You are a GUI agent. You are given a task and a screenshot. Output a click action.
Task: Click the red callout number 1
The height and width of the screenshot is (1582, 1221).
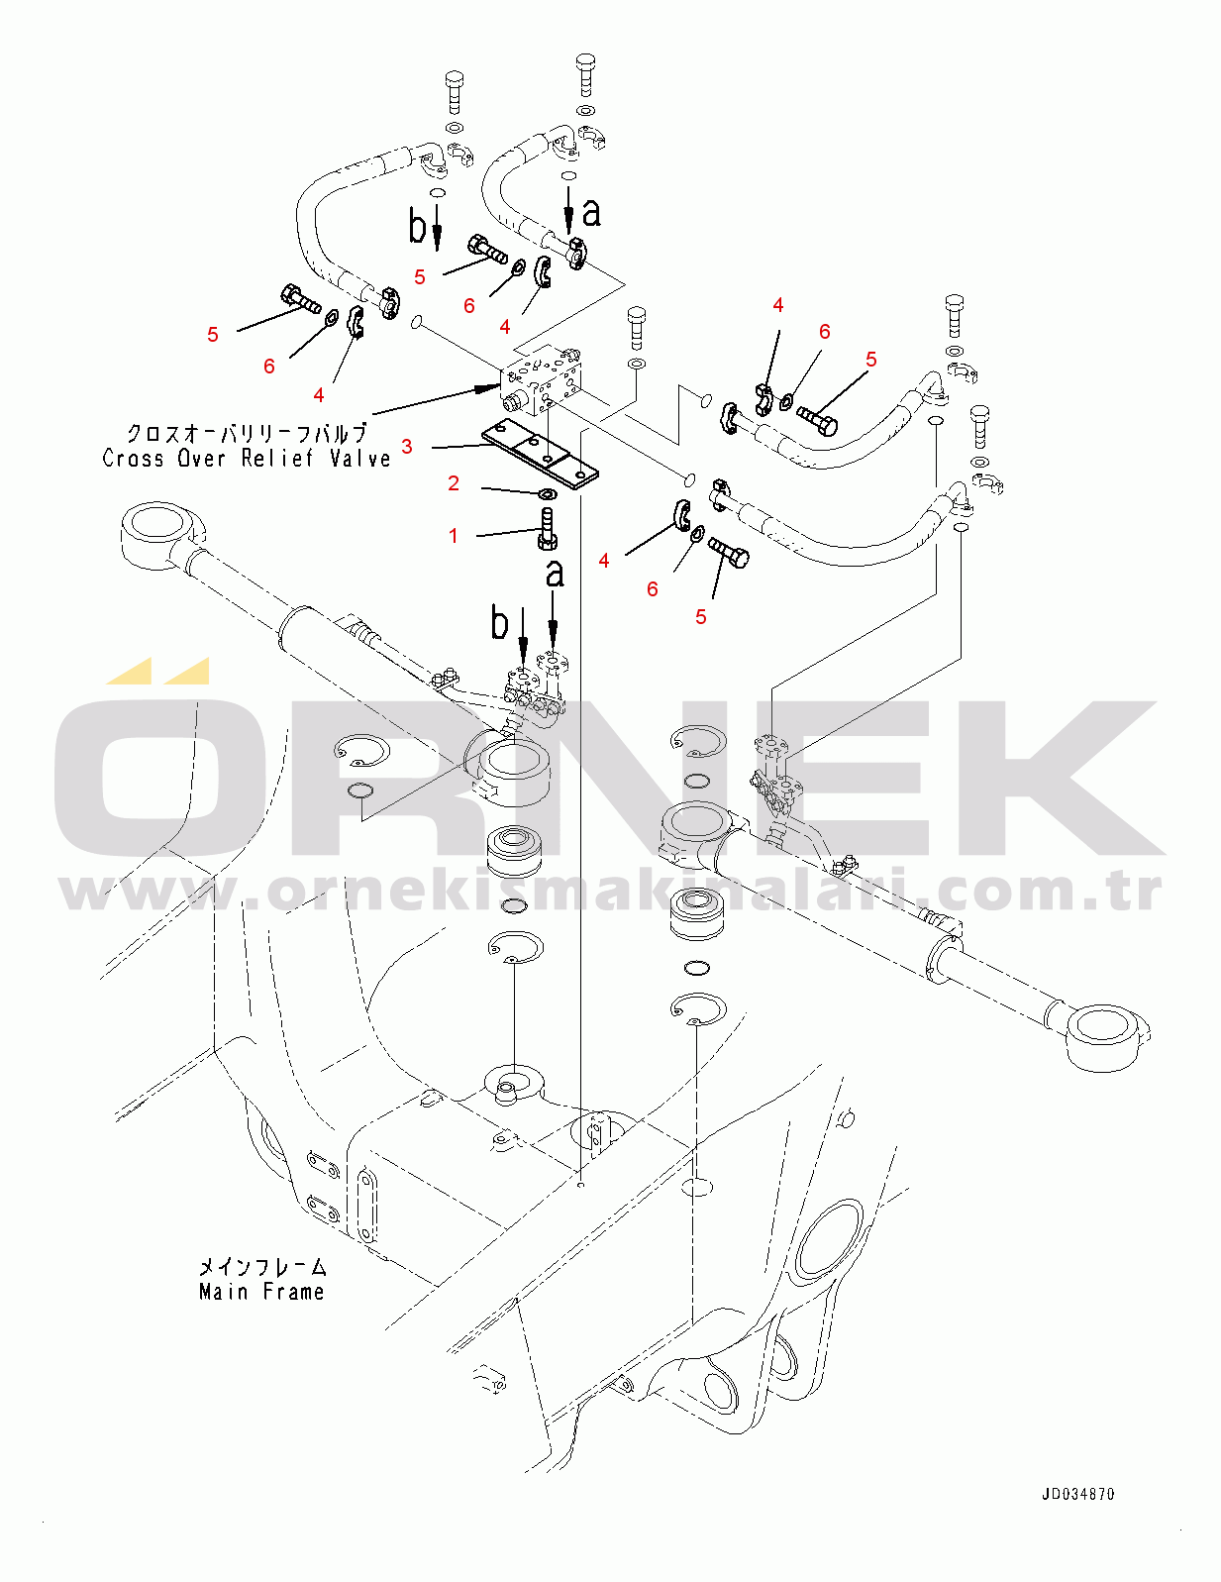[x=454, y=536]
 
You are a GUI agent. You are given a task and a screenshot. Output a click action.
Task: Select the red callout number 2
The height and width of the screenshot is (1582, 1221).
[x=454, y=483]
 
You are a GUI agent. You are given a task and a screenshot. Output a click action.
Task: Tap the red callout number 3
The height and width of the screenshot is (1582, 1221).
[x=407, y=447]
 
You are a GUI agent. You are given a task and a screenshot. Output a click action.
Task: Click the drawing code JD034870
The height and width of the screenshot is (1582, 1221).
[x=1077, y=1494]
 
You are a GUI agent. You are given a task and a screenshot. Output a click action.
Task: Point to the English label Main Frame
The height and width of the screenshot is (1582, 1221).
[x=261, y=1292]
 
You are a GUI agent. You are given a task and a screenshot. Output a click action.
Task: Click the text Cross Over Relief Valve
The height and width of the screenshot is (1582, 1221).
[x=246, y=458]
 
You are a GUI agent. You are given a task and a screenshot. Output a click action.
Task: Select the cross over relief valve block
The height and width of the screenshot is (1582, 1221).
[x=542, y=382]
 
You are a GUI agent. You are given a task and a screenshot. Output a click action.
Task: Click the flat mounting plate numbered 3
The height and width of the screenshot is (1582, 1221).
[x=540, y=458]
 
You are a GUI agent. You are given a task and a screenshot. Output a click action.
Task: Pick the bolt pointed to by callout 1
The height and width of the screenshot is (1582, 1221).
[x=549, y=529]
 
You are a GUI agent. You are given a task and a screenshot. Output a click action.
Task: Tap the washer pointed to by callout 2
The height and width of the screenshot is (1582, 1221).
[x=548, y=495]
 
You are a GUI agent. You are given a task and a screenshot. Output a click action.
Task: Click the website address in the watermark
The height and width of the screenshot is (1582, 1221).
[x=610, y=893]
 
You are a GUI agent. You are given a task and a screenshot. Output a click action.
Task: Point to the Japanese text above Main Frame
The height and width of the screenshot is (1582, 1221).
[x=262, y=1268]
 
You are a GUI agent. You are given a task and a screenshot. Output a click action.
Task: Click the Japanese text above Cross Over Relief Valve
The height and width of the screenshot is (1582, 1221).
[x=248, y=433]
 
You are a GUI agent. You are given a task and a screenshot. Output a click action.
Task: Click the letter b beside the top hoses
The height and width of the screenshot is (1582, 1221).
[x=417, y=226]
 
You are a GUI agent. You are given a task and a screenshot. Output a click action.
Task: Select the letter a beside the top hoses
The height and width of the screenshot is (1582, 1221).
[x=591, y=212]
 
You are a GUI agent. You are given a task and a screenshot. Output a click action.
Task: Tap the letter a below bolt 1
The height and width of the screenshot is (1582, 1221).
[x=555, y=574]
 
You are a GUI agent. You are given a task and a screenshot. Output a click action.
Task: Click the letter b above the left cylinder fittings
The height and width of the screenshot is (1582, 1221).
[x=499, y=623]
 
